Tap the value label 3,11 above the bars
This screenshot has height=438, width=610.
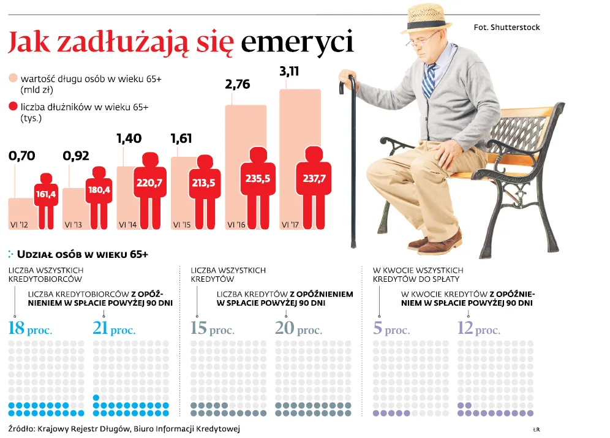point(289,72)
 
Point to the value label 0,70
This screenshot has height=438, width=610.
point(21,156)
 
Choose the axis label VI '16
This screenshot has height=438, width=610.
point(237,225)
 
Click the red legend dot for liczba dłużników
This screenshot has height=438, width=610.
point(13,107)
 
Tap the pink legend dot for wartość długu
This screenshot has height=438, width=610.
point(13,79)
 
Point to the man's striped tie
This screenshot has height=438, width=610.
point(429,80)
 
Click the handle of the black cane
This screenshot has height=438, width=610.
point(347,81)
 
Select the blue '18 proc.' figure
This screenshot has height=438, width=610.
point(30,328)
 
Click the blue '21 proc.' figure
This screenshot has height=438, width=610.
point(114,328)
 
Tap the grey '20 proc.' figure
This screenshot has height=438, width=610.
point(298,328)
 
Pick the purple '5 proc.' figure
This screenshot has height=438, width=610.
point(391,328)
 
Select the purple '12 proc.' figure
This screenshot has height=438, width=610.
point(478,328)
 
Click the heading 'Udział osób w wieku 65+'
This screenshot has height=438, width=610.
point(83,254)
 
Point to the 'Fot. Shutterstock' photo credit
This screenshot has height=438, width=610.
point(506,28)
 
